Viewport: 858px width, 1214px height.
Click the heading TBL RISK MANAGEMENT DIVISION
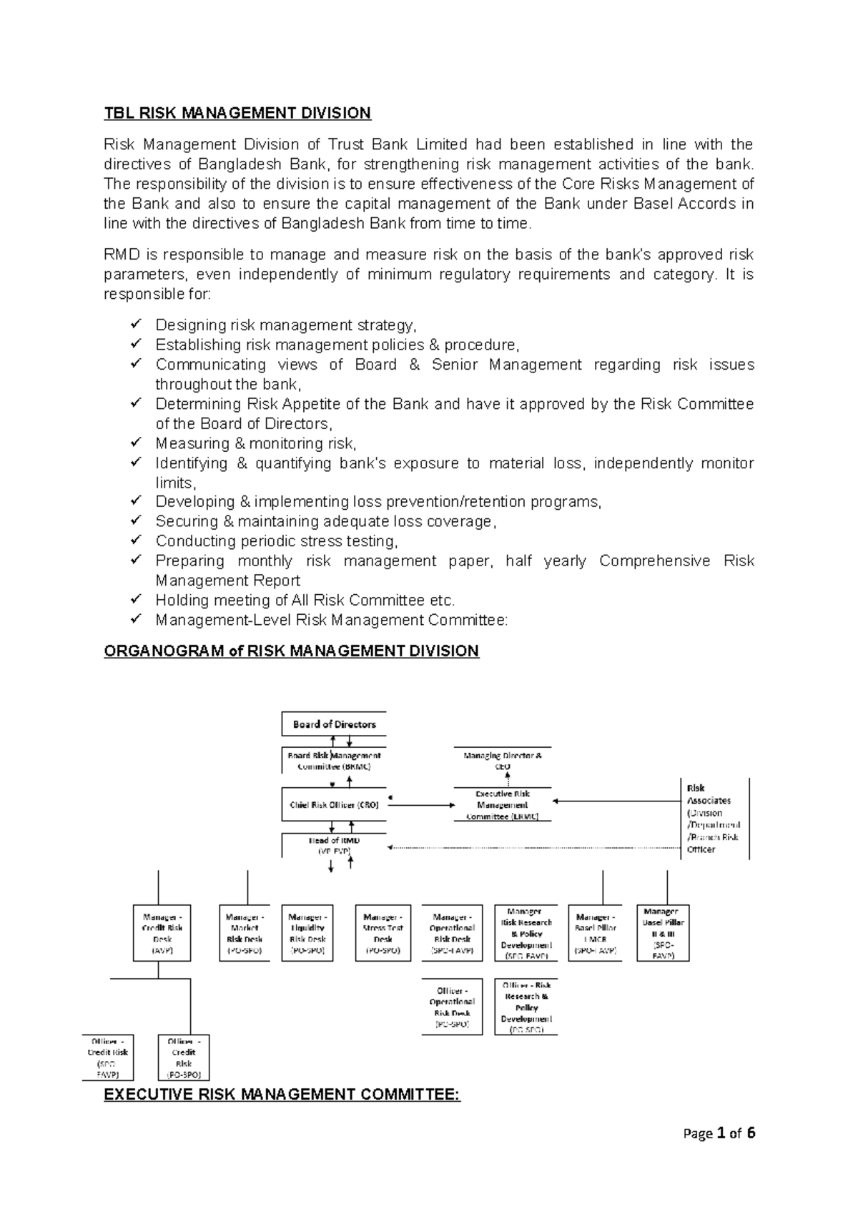(x=237, y=113)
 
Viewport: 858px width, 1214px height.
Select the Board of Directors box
(x=334, y=724)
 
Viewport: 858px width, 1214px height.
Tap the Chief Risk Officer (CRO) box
(x=334, y=804)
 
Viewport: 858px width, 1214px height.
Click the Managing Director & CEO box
(x=503, y=760)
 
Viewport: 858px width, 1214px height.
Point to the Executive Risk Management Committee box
(x=503, y=805)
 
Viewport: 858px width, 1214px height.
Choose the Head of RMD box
(x=334, y=845)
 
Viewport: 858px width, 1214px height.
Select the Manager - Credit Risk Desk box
(x=162, y=933)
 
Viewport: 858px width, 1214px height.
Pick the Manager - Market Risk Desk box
(x=245, y=933)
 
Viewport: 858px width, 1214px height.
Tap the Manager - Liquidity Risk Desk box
(x=307, y=933)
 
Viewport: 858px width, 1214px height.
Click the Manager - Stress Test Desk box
(x=383, y=933)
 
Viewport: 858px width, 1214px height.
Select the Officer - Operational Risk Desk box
(x=452, y=1007)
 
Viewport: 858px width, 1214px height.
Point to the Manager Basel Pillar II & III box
(x=664, y=933)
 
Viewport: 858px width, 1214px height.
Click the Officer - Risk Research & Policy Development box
(x=526, y=1007)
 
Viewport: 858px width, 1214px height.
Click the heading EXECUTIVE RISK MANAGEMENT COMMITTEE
(x=282, y=1095)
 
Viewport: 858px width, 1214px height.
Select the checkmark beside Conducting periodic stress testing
(x=137, y=541)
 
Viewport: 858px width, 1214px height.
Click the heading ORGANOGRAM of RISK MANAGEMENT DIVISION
(x=291, y=651)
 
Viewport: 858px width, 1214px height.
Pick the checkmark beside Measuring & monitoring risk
(x=137, y=443)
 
